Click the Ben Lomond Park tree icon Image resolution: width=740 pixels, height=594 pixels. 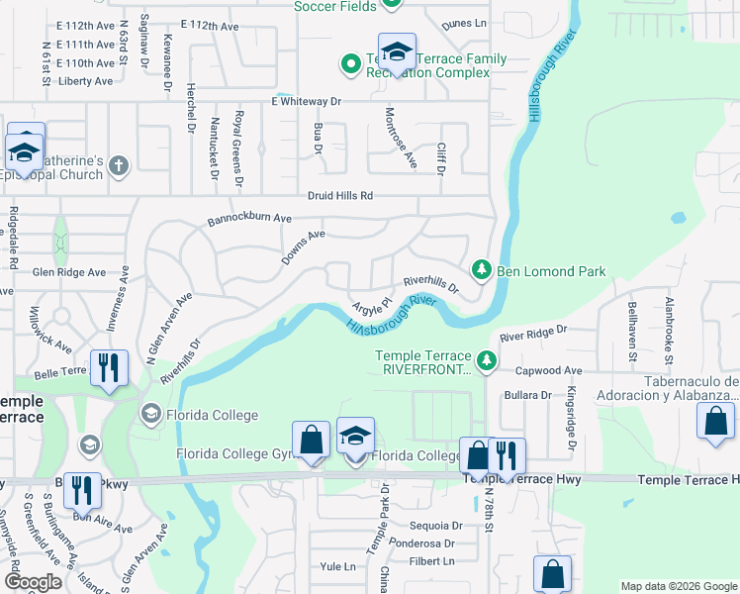(x=482, y=269)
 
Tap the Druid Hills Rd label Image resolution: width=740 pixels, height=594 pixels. (x=339, y=196)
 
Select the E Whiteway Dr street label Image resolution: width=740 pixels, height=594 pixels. (x=306, y=102)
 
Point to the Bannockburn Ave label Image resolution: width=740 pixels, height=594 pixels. (x=249, y=218)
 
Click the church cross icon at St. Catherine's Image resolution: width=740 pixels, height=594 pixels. (x=119, y=165)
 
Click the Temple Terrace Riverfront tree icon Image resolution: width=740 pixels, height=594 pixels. (x=486, y=361)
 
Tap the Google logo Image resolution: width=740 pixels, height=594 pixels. (x=33, y=582)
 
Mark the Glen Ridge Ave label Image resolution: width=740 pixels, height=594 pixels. (x=68, y=272)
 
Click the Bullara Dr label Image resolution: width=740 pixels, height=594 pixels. (x=527, y=395)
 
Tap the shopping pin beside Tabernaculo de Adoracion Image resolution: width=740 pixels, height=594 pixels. (x=715, y=421)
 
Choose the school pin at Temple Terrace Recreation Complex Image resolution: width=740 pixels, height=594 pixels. (x=397, y=54)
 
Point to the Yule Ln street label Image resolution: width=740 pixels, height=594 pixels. (x=337, y=566)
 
